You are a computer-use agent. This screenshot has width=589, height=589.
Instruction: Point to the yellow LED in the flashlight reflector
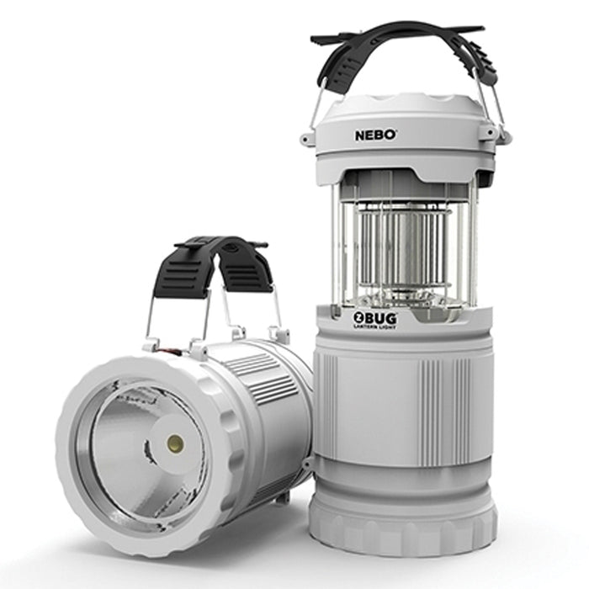pyautogui.click(x=175, y=443)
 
